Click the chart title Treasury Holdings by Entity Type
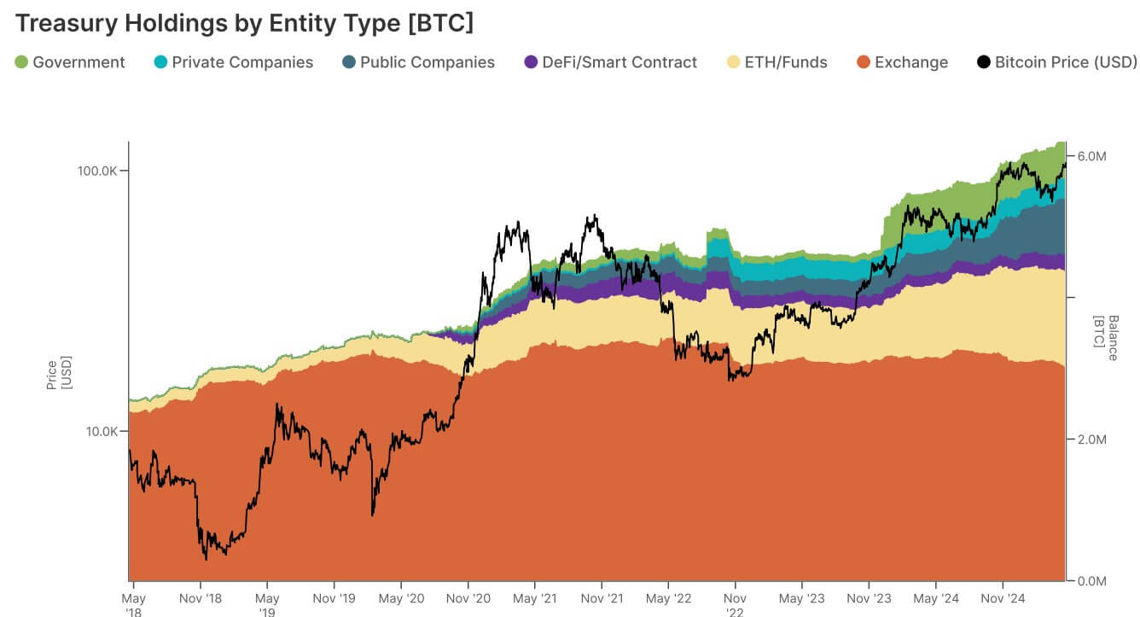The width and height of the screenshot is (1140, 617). click(244, 22)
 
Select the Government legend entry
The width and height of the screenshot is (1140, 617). click(79, 62)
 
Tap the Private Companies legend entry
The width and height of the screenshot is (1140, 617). click(242, 62)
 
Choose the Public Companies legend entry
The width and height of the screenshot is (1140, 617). click(427, 62)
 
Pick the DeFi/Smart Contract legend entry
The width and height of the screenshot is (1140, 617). click(619, 62)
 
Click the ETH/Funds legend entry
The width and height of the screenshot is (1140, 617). click(786, 62)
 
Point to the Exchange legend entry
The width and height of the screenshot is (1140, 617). click(911, 62)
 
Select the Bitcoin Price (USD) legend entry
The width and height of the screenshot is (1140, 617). click(1066, 62)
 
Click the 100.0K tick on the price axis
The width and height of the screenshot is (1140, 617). click(96, 171)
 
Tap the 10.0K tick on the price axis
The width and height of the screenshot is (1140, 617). click(100, 431)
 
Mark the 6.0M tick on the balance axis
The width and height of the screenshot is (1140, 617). click(1092, 156)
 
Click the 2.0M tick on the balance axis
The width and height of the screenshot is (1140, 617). click(1092, 439)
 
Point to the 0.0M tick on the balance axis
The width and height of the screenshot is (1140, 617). click(1092, 581)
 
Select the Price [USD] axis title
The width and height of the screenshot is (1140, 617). click(58, 375)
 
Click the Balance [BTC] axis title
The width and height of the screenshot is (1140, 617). click(1106, 338)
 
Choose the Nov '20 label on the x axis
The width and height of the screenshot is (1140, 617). click(468, 599)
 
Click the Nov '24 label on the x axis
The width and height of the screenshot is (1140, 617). click(1003, 599)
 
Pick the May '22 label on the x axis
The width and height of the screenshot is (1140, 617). click(668, 599)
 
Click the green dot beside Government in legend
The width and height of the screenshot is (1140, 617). click(21, 62)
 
